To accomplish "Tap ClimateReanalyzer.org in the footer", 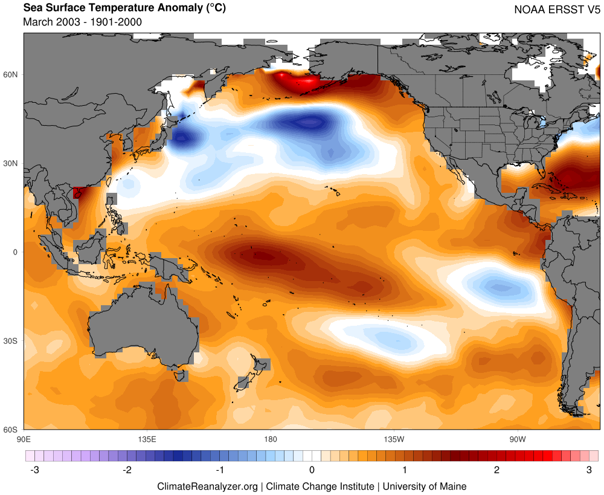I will [x=207, y=486].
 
